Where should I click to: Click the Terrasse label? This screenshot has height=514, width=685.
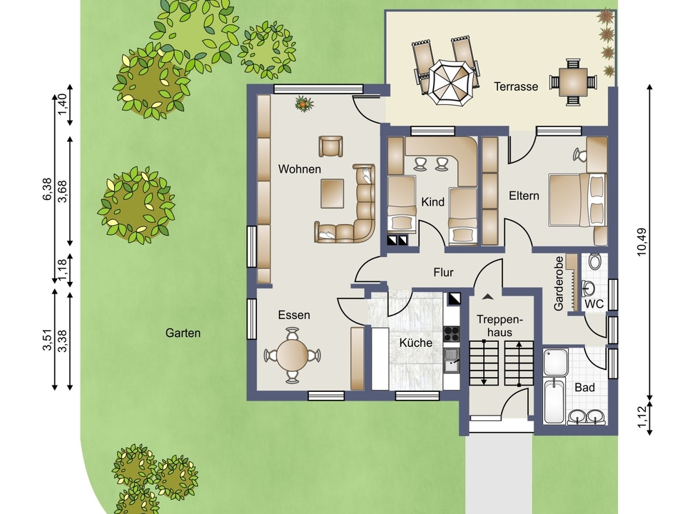pos(516,86)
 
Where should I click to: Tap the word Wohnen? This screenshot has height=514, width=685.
pos(300,168)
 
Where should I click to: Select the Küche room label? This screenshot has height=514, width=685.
pos(416,342)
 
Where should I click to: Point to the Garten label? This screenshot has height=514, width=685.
pos(183,333)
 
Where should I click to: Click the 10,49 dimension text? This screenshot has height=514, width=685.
pos(641,242)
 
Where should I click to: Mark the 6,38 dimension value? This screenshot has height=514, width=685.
pos(47,188)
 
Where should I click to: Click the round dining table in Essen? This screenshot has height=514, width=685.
pos(293,355)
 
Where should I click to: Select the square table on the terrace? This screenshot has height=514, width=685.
pos(573,81)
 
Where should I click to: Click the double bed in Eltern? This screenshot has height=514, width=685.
pos(577,200)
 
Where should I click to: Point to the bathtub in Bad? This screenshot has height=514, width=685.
pos(554,401)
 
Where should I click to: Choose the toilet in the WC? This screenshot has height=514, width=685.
pos(594,261)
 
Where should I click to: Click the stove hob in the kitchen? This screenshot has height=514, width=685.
pos(451,333)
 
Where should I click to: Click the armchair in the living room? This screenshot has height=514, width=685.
pos(330,146)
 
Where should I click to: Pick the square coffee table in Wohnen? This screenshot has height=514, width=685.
pos(332,193)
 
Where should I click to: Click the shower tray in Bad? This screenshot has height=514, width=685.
pos(556,362)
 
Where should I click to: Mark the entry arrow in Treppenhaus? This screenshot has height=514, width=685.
pos(487,297)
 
